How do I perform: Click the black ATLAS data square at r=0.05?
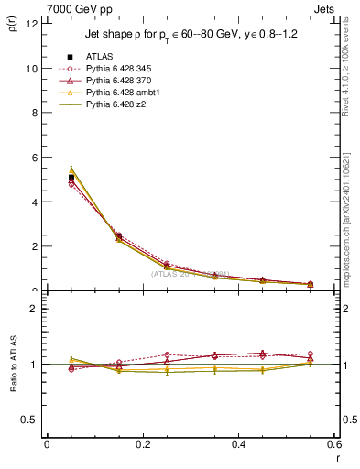(x=71, y=178)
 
